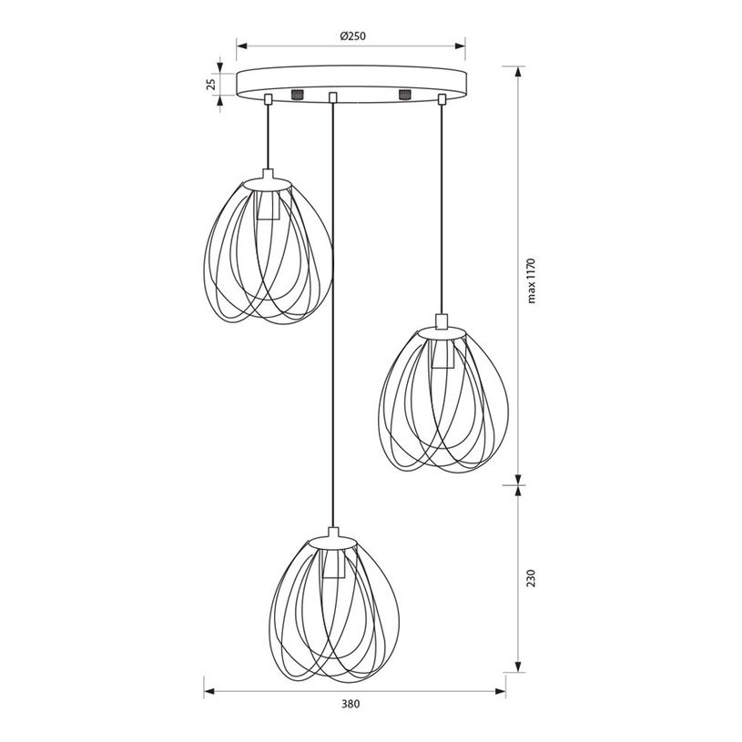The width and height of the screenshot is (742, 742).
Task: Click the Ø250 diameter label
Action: click(x=352, y=36)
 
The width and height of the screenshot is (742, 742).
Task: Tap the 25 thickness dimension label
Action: click(x=211, y=85)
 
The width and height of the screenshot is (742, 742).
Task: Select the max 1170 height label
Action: click(x=531, y=280)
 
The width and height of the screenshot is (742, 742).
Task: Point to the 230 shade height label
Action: click(x=531, y=578)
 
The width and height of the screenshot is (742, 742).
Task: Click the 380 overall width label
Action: click(x=351, y=704)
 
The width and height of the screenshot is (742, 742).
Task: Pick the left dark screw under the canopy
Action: click(x=297, y=94)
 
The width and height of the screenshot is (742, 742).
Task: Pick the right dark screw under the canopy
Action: click(x=404, y=94)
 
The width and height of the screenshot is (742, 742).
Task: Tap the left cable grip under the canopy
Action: click(x=269, y=98)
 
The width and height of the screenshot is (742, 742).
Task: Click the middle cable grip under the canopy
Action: click(x=332, y=97)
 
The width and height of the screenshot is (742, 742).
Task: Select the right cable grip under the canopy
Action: click(x=442, y=99)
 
